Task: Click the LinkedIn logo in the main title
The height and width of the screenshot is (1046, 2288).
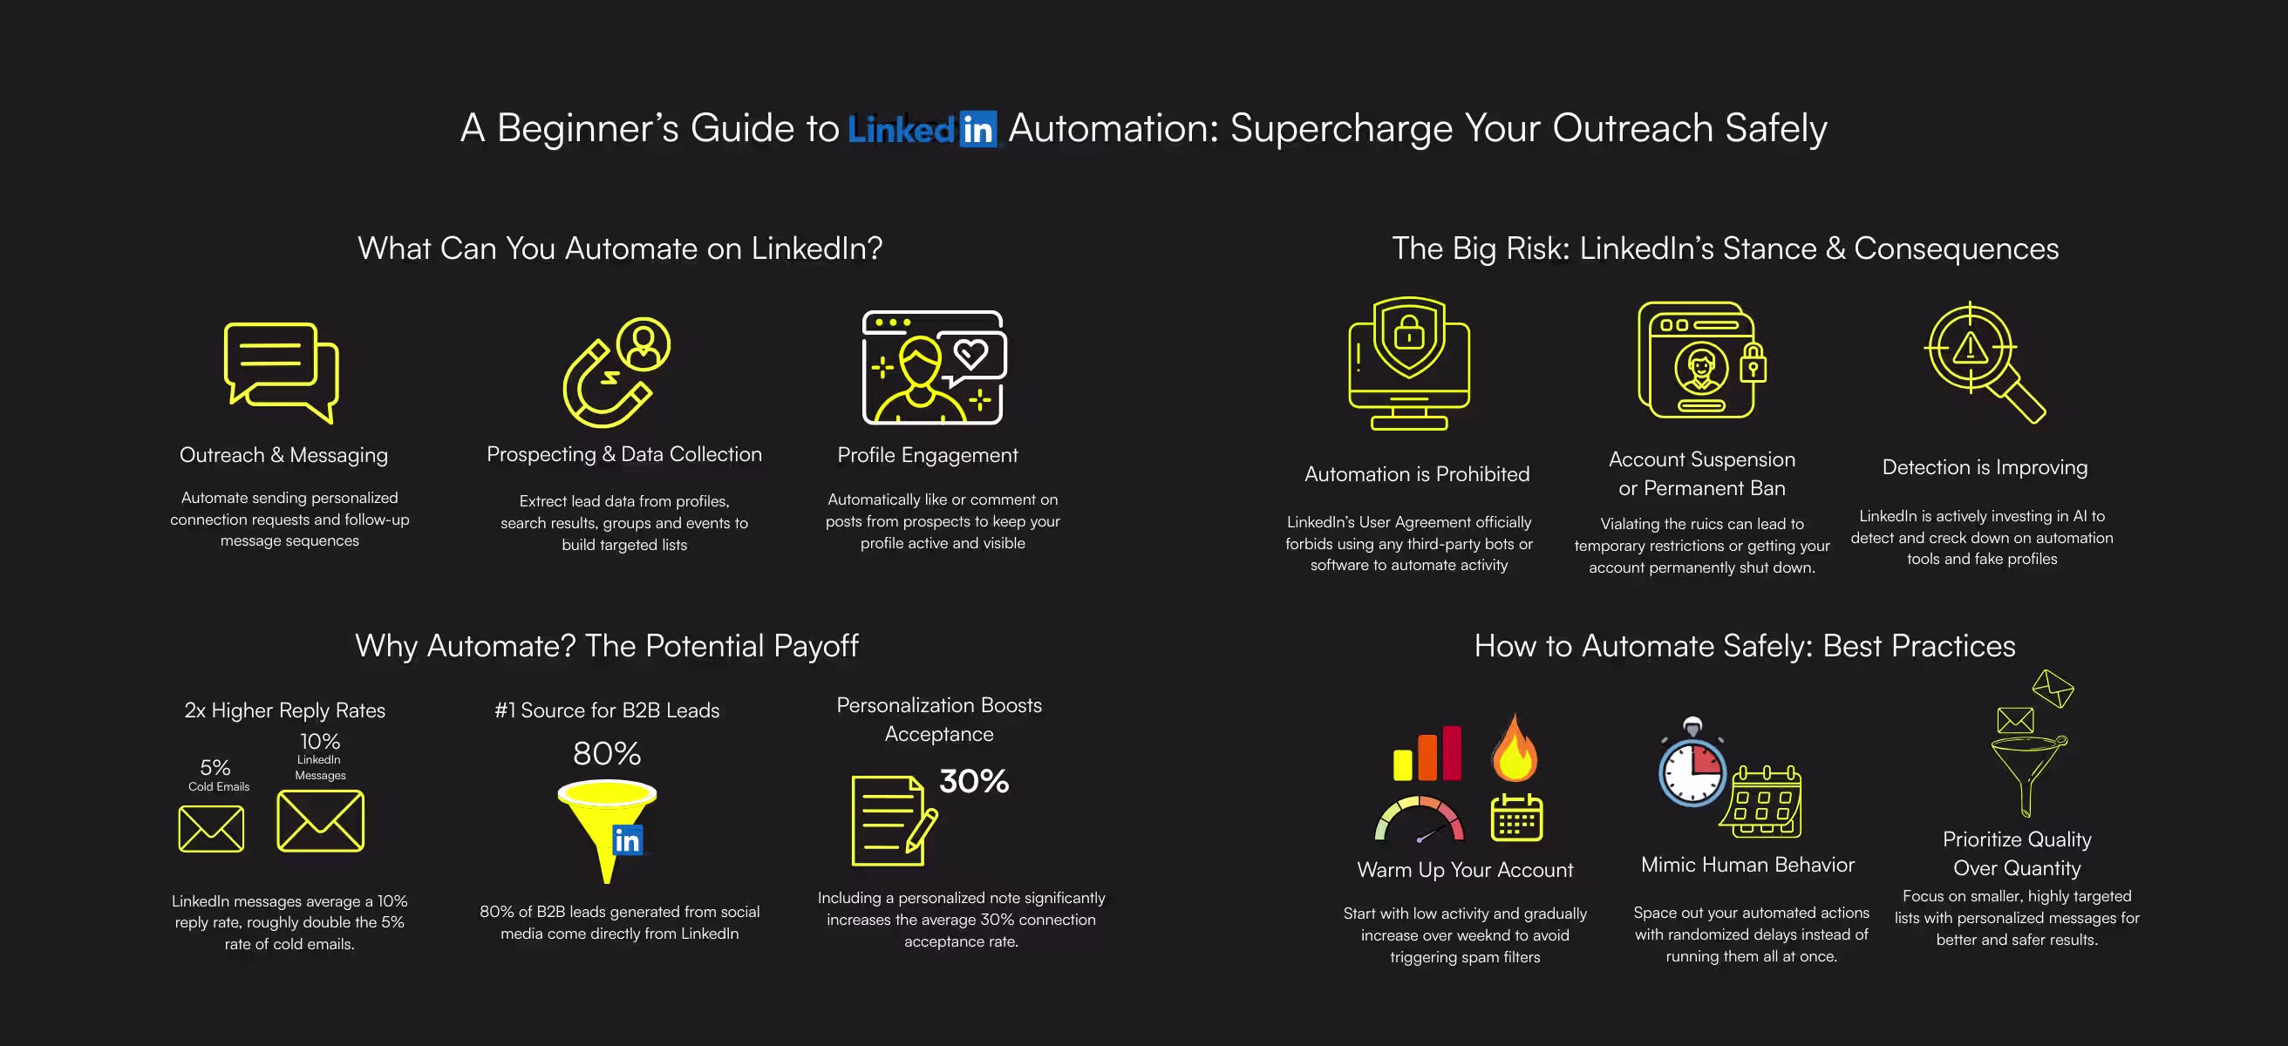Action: click(x=922, y=130)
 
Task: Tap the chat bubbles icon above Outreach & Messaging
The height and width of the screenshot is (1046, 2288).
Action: click(x=281, y=371)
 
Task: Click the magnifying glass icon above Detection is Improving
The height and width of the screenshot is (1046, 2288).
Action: click(x=1985, y=362)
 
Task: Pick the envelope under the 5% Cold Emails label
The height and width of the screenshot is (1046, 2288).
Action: click(x=210, y=828)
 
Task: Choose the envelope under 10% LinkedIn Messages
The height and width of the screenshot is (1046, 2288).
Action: click(x=320, y=821)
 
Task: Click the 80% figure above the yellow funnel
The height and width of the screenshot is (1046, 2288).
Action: click(x=607, y=754)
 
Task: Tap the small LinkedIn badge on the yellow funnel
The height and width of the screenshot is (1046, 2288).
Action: click(x=627, y=840)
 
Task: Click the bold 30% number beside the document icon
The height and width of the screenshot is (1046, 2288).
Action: click(x=973, y=781)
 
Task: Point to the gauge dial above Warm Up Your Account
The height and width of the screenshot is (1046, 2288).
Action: click(x=1420, y=818)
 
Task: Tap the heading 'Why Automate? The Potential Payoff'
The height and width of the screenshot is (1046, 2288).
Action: click(x=607, y=646)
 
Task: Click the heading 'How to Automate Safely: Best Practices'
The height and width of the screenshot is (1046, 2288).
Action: click(x=1745, y=646)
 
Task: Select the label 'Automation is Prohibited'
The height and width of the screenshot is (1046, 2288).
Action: click(x=1417, y=474)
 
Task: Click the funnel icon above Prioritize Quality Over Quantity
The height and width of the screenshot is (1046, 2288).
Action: click(x=2027, y=772)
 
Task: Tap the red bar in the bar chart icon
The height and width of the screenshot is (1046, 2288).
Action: click(x=1451, y=753)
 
